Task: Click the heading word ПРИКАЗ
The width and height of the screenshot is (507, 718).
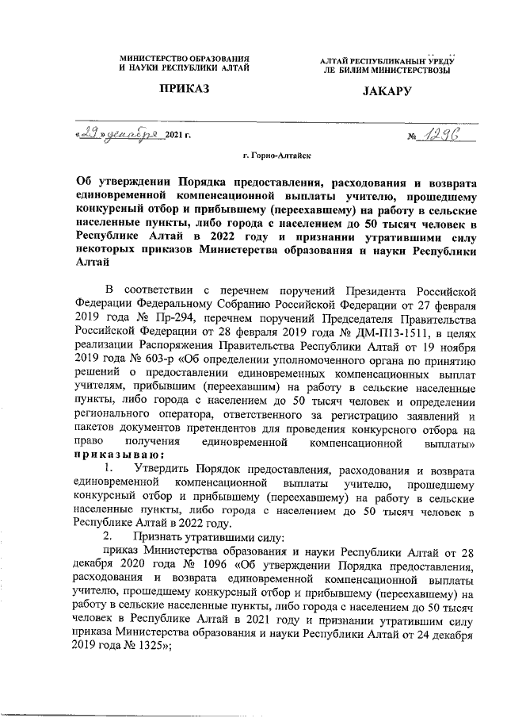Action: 185,91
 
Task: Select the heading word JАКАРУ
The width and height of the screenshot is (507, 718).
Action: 387,92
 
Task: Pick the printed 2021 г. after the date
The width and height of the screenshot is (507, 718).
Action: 178,138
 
